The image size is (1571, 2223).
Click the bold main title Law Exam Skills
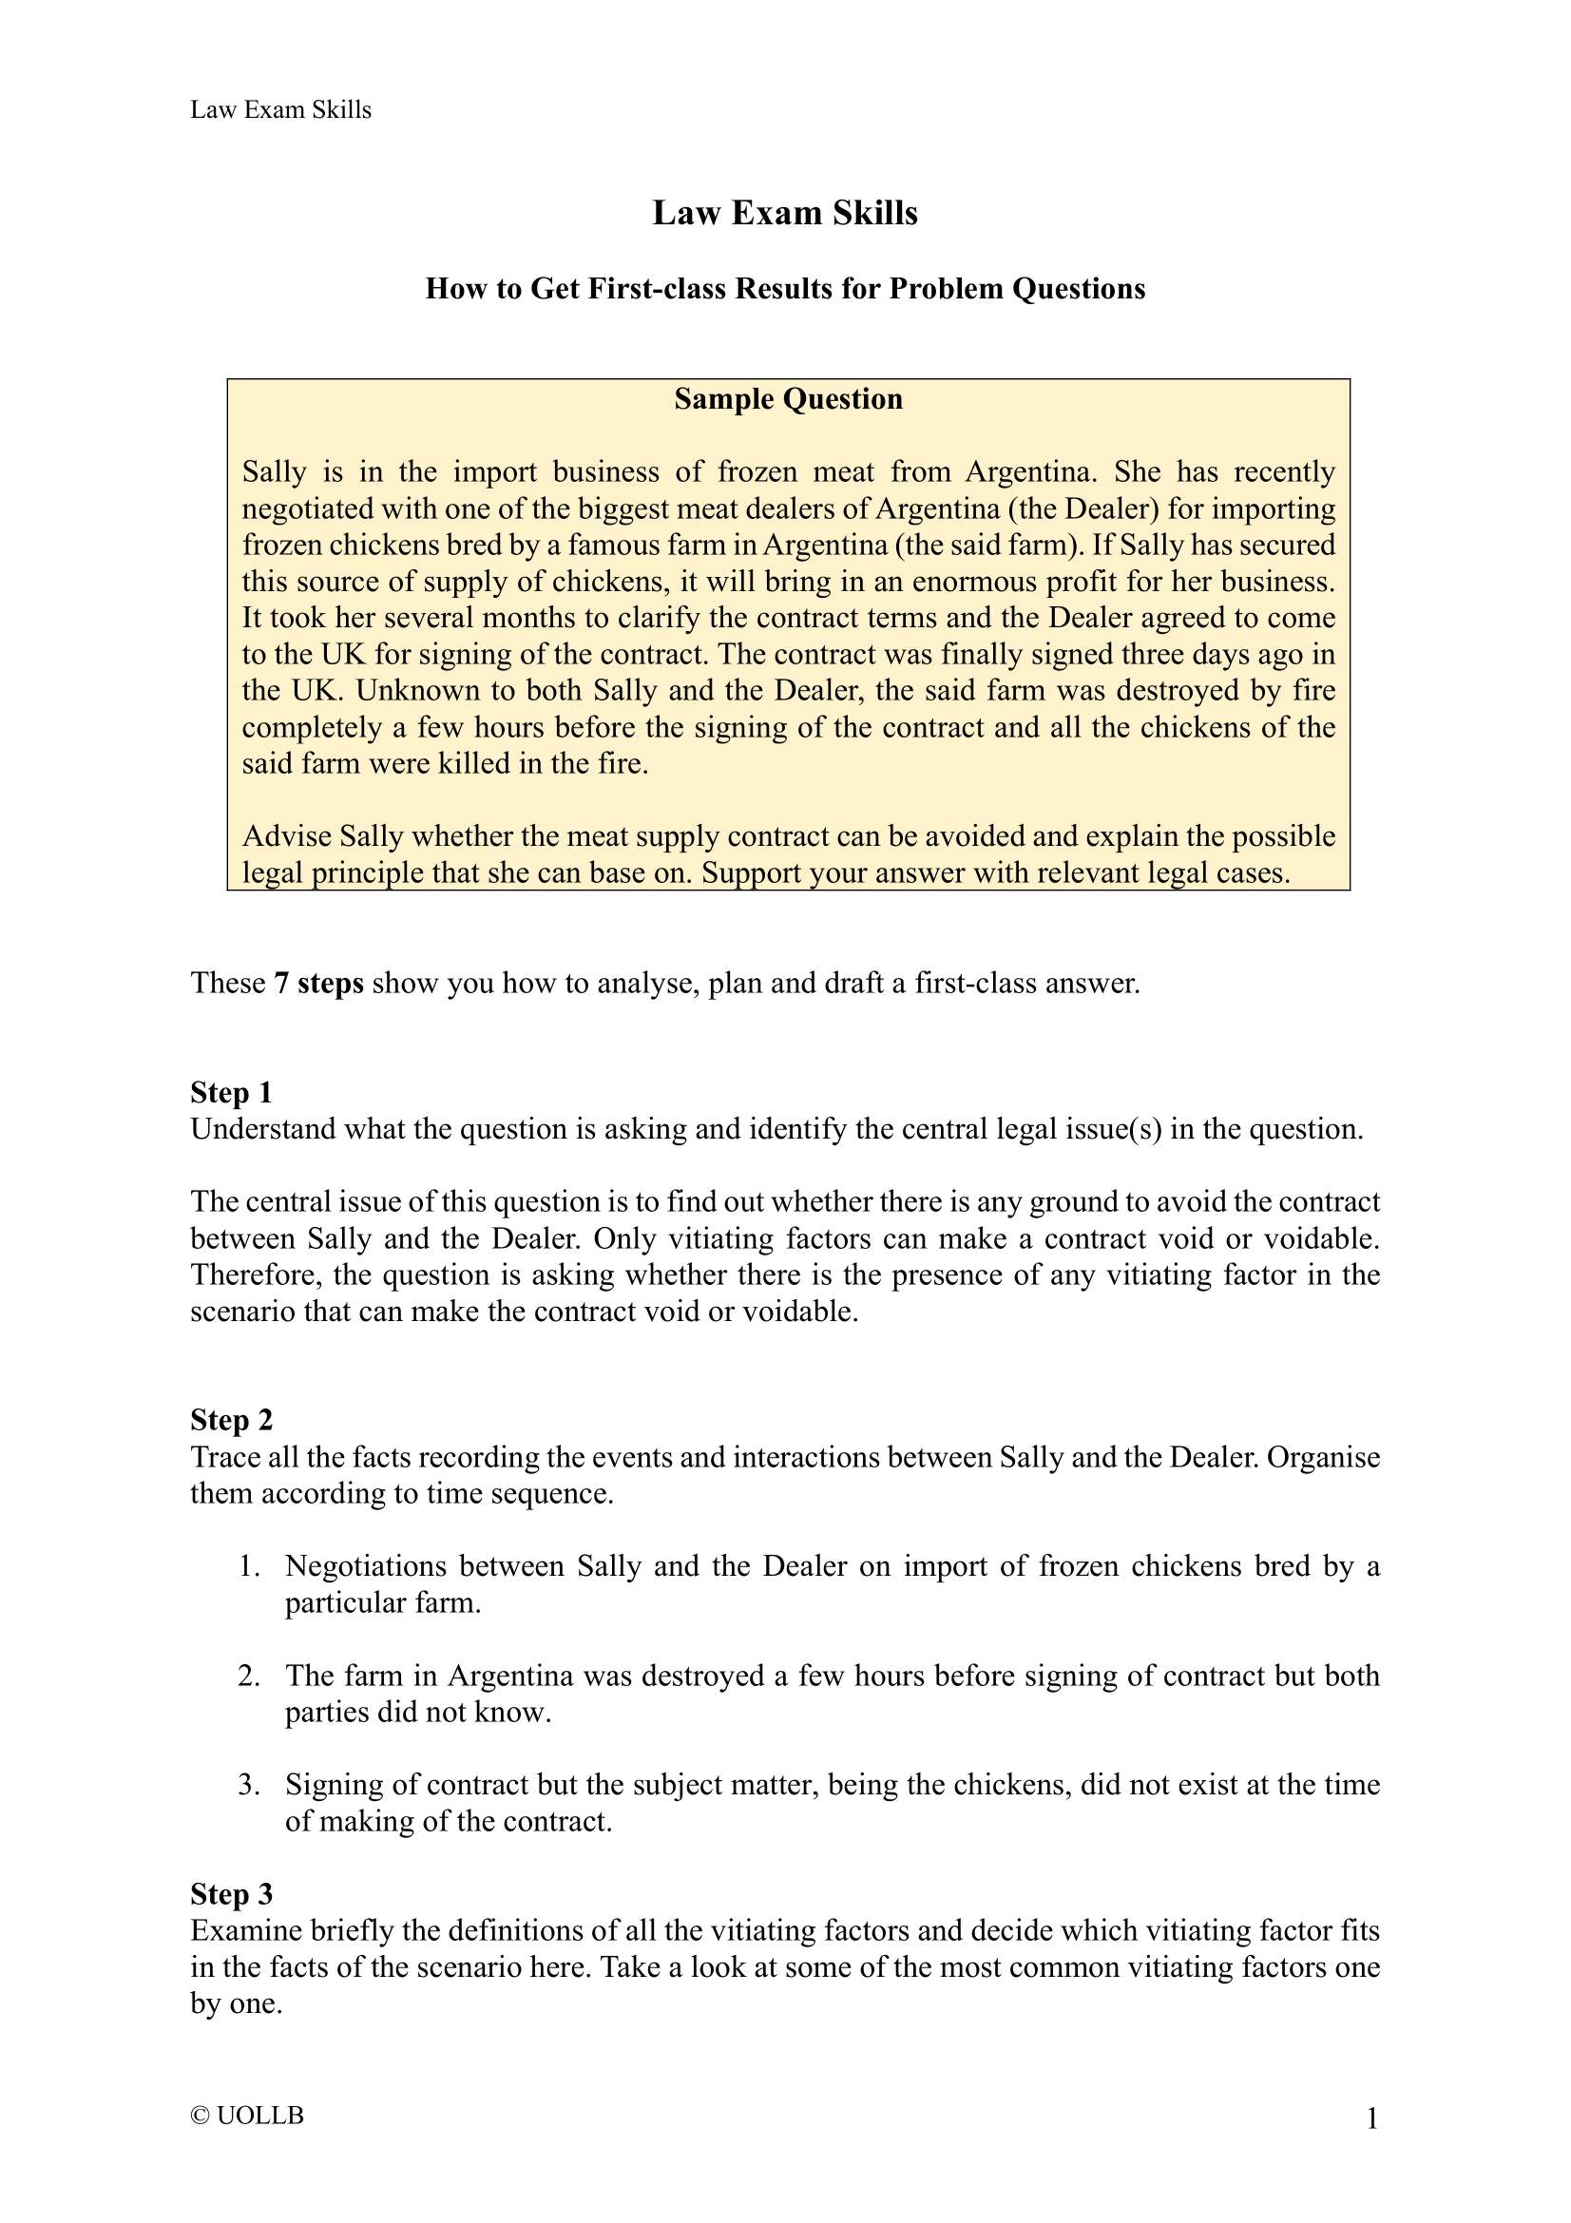pos(784,213)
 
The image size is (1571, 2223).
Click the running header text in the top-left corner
pos(280,109)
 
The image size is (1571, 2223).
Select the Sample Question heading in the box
pos(788,399)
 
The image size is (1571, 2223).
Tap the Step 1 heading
pos(231,1092)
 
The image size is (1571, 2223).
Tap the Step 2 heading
pos(231,1419)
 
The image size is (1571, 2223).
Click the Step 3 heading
pos(231,1894)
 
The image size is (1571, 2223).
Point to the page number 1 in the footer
pos(1371,2119)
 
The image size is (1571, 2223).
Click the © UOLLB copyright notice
pos(248,2116)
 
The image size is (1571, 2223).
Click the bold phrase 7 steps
pos(318,983)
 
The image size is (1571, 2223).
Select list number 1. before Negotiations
pos(250,1566)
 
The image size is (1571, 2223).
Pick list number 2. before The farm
pos(250,1676)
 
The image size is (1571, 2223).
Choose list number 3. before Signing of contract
pos(250,1785)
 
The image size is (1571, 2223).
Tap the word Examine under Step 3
pos(247,1930)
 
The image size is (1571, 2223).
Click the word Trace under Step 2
pos(225,1456)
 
